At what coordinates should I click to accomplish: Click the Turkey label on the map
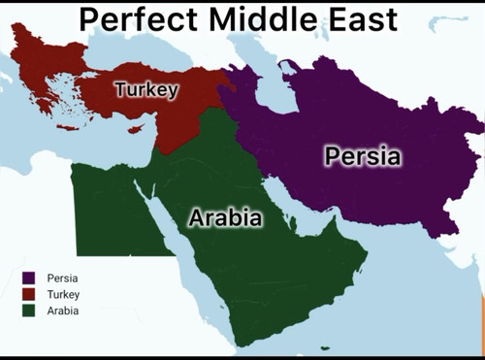point(146,90)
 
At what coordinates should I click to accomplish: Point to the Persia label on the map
point(362,155)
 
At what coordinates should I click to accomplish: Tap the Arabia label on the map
point(225,218)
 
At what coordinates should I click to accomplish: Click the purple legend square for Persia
point(29,278)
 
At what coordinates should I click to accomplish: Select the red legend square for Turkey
point(29,294)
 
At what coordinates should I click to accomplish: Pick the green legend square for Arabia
point(29,311)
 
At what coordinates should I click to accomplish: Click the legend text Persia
point(61,278)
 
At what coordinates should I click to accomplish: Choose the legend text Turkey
point(63,294)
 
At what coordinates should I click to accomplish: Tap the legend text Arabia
point(63,311)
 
